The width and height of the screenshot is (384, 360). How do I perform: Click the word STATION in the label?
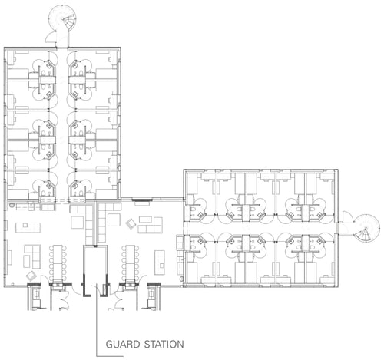[x=164, y=344]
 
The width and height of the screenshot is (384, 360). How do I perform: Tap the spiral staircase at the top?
[x=63, y=18]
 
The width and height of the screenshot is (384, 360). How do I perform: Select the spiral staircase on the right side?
[x=366, y=229]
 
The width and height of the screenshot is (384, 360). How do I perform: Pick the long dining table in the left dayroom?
[x=58, y=263]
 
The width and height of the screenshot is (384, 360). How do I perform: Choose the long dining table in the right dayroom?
[x=131, y=263]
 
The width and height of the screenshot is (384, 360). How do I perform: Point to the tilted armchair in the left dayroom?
[x=31, y=276]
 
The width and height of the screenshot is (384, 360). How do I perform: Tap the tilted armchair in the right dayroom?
[x=131, y=223]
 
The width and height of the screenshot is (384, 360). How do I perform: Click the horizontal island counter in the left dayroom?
[x=28, y=227]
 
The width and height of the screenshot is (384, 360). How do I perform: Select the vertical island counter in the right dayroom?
[x=160, y=263]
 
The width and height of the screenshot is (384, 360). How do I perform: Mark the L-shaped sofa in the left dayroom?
[x=32, y=256]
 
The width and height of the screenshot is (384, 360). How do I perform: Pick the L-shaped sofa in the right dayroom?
[x=151, y=225]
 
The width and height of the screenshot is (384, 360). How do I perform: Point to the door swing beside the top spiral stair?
[x=51, y=38]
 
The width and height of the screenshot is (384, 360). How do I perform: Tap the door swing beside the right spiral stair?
[x=348, y=216]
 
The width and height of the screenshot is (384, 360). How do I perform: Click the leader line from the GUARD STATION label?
[x=97, y=320]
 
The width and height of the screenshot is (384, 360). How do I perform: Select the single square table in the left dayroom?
[x=78, y=222]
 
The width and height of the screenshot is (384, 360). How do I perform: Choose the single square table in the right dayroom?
[x=114, y=220]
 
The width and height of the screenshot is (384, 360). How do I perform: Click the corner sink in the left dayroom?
[x=12, y=205]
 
